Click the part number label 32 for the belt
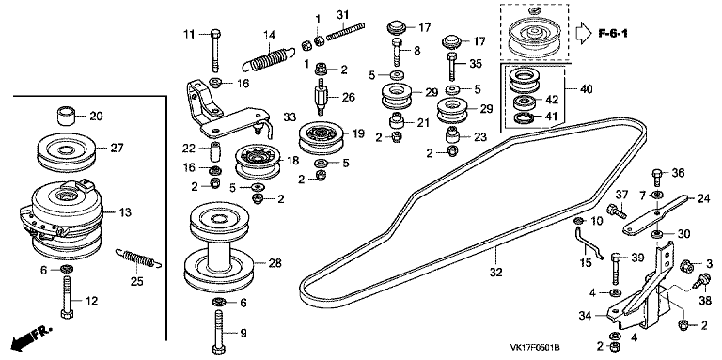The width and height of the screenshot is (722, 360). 495,272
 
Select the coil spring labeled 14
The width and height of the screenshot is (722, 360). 270,58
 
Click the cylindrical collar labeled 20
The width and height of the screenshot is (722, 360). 66,116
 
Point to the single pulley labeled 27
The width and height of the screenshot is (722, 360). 67,151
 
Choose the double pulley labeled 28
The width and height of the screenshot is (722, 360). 219,249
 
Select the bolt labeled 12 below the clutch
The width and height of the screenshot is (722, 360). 66,297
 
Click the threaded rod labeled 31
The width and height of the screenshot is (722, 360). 345,31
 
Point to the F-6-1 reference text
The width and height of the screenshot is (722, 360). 613,33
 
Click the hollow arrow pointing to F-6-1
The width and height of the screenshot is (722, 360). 584,34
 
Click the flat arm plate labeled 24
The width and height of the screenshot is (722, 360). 655,214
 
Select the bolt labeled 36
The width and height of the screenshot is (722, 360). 658,177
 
